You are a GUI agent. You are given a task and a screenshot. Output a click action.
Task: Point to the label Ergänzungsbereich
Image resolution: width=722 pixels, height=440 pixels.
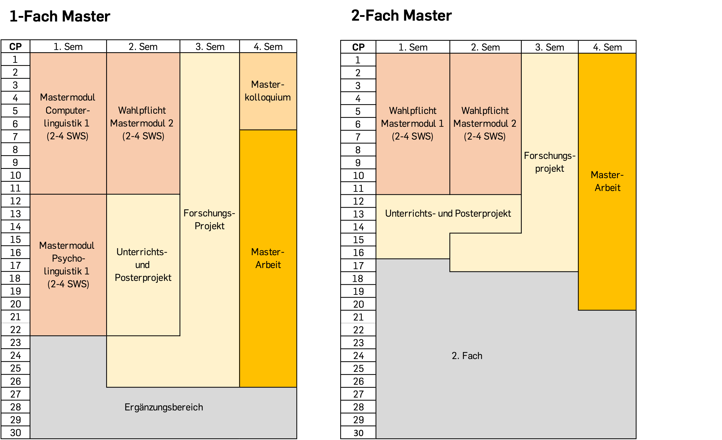pyautogui.click(x=163, y=407)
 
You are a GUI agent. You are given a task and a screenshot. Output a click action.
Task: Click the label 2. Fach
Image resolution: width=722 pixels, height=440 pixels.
pyautogui.click(x=467, y=356)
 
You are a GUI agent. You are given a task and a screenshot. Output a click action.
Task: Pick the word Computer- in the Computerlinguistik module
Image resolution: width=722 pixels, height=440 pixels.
pyautogui.click(x=67, y=111)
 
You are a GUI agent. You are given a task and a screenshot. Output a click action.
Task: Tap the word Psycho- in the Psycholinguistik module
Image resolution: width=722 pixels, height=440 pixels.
pyautogui.click(x=68, y=258)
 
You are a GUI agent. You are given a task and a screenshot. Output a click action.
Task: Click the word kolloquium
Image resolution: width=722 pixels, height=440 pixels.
pyautogui.click(x=268, y=97)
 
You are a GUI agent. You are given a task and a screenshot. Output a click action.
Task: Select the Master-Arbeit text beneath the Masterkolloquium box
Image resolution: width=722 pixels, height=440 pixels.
pyautogui.click(x=268, y=258)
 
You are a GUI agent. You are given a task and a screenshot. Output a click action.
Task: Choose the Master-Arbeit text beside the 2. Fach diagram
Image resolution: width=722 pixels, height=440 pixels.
pyautogui.click(x=607, y=181)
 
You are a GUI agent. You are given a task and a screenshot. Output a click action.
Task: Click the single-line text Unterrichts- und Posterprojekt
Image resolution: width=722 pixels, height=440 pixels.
pyautogui.click(x=448, y=214)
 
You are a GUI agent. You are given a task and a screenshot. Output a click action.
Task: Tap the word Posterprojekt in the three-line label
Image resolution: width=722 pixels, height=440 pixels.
pyautogui.click(x=143, y=278)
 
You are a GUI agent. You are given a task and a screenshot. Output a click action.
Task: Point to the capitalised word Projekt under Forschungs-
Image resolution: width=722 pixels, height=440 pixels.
pyautogui.click(x=209, y=226)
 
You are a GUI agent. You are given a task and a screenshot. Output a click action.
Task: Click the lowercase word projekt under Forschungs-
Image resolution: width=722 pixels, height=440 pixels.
pyautogui.click(x=549, y=169)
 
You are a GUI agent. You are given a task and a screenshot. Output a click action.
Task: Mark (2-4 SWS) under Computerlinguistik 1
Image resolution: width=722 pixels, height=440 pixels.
pyautogui.click(x=67, y=136)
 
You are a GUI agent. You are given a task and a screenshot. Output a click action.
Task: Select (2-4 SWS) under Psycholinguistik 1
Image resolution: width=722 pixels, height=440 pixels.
pyautogui.click(x=68, y=284)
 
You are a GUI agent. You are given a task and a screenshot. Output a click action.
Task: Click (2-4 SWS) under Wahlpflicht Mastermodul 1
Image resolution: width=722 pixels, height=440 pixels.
pyautogui.click(x=412, y=137)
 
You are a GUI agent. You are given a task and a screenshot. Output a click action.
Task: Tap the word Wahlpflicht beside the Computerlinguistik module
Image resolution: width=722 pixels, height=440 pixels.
pyautogui.click(x=142, y=111)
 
